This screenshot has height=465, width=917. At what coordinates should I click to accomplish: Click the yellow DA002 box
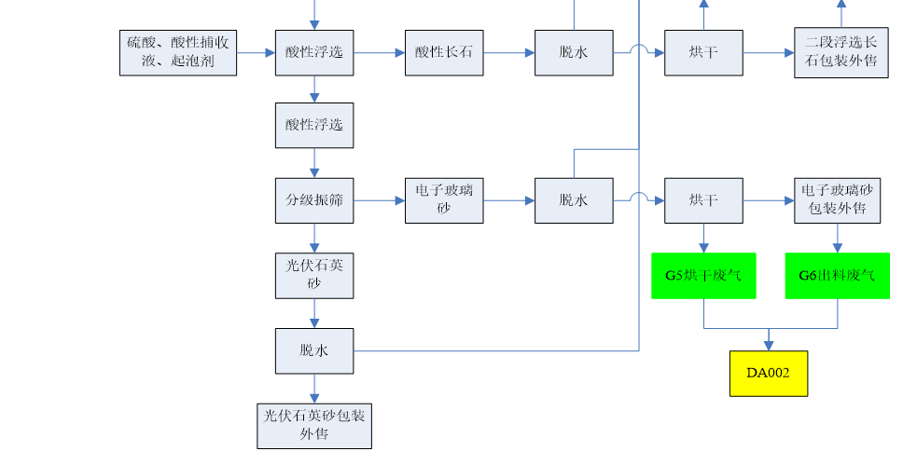[x=769, y=374]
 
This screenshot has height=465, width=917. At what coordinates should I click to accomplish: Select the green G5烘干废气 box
[x=703, y=276]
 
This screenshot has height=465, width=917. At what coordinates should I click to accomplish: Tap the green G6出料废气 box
[x=837, y=276]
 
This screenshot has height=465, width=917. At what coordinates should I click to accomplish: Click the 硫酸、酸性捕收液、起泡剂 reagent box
[x=178, y=53]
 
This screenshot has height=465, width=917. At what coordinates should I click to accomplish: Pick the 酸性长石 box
[x=444, y=53]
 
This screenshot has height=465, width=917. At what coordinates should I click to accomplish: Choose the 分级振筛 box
[x=314, y=200]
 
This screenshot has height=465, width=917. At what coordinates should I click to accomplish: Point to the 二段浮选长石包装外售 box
[x=841, y=53]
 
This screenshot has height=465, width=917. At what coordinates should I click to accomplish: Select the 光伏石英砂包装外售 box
[x=314, y=426]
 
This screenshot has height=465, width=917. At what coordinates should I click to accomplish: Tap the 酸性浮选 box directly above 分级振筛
[x=314, y=125]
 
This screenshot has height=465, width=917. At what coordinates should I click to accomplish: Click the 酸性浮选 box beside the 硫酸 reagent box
[x=314, y=53]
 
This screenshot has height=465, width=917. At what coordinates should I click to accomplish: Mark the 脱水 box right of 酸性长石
[x=574, y=53]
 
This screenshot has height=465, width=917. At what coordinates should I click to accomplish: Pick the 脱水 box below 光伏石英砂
[x=314, y=350]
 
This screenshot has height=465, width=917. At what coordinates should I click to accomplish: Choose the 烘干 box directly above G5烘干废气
[x=703, y=200]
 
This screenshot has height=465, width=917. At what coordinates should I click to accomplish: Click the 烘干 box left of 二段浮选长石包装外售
[x=703, y=53]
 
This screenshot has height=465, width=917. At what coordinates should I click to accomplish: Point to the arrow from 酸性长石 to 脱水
[x=509, y=53]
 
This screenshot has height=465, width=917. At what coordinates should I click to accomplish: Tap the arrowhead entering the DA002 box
[x=769, y=346]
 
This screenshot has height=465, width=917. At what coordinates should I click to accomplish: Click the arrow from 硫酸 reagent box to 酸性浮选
[x=256, y=53]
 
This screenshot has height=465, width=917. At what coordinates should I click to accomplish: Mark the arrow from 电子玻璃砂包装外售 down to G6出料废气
[x=837, y=239]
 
